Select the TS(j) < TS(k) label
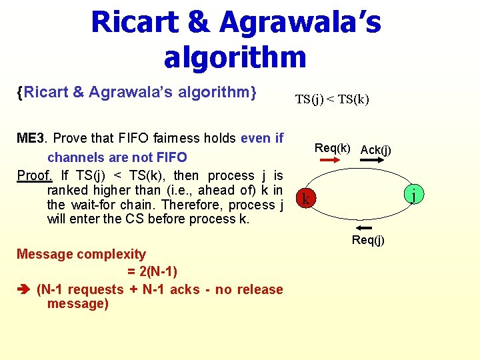click(332, 100)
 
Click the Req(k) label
click(332, 148)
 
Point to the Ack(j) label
click(375, 150)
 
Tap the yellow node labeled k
click(305, 199)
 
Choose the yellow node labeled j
click(414, 195)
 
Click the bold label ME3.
click(31, 139)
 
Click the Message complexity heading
click(81, 254)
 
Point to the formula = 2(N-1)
click(151, 271)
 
